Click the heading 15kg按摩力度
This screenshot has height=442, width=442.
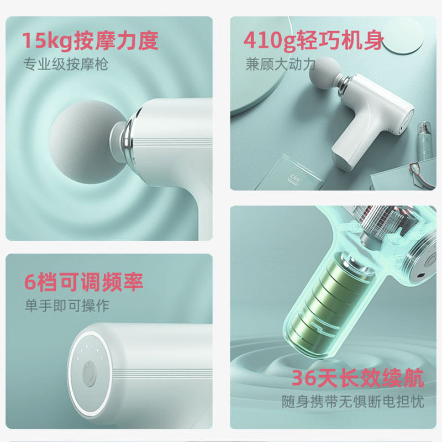[90, 40]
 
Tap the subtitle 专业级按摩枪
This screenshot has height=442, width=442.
[66, 64]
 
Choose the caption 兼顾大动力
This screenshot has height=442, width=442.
[280, 64]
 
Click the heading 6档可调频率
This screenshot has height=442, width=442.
[83, 282]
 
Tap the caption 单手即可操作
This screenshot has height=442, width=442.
[66, 305]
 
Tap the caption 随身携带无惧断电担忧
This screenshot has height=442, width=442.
[352, 401]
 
